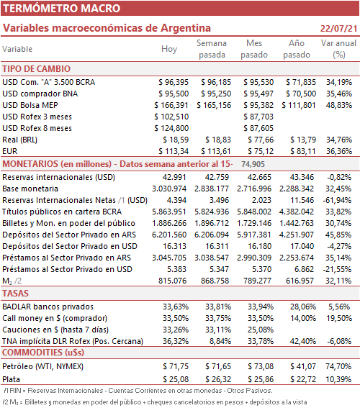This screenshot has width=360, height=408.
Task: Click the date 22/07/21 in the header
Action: coord(338,28)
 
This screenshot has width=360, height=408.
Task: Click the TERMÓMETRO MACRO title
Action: coord(62,9)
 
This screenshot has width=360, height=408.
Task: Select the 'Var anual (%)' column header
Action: coord(338,49)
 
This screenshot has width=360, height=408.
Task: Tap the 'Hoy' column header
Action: coord(169,49)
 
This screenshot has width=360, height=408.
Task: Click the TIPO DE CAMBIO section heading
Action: coord(37,69)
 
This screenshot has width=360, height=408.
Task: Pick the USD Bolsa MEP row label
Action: coord(30,105)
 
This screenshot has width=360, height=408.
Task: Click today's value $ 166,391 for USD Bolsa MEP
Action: coord(171,105)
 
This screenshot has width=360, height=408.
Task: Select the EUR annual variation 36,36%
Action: coord(339,151)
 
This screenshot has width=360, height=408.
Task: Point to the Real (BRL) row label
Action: coord(19,140)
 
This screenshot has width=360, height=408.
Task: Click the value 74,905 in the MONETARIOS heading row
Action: coord(253,164)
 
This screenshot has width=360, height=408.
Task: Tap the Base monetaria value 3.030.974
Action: coord(169,189)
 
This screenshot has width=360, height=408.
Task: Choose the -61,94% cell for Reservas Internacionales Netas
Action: coord(337,200)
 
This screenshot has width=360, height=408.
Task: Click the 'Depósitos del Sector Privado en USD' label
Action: coord(70,246)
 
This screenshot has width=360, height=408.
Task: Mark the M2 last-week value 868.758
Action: coord(215,281)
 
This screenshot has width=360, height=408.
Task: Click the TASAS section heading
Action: coord(15,294)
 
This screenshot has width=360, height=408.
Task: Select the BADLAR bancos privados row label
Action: coord(48,307)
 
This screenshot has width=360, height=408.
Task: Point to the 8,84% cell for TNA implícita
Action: coord(220,341)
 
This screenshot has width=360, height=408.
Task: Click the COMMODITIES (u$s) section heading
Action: coord(43,353)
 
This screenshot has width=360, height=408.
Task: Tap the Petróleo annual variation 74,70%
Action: coord(338,366)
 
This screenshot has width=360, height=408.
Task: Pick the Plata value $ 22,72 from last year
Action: coord(303,379)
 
